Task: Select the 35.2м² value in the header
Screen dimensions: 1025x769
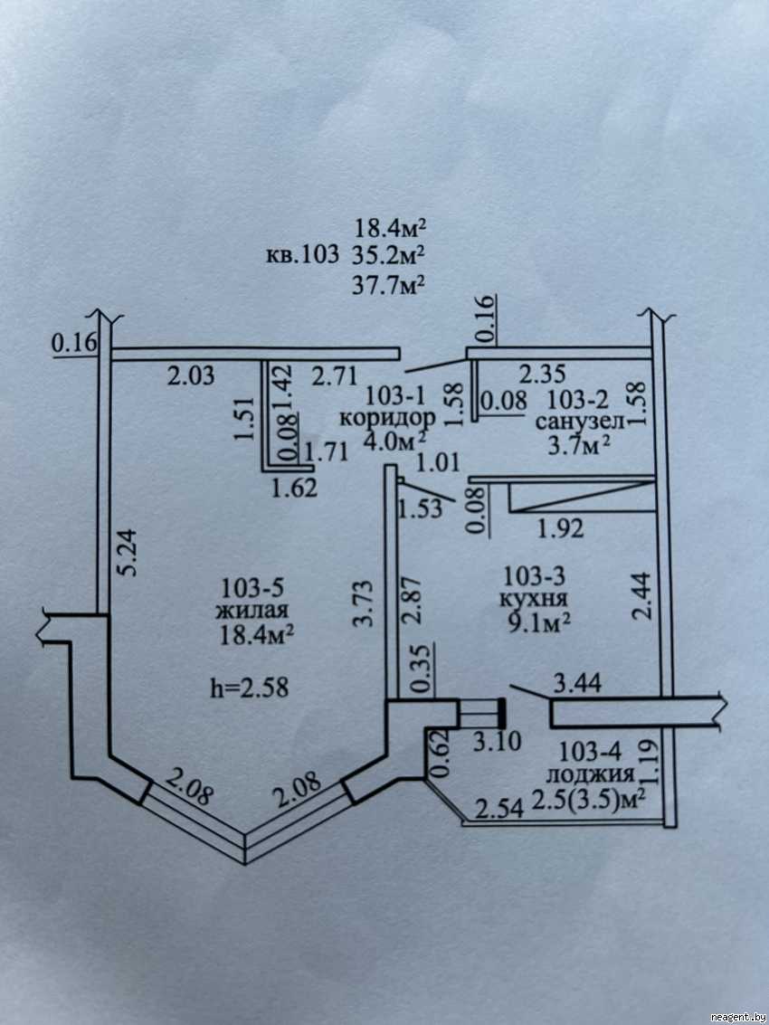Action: (386, 254)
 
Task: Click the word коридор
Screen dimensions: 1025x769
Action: (387, 418)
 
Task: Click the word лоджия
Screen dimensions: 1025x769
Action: (589, 774)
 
